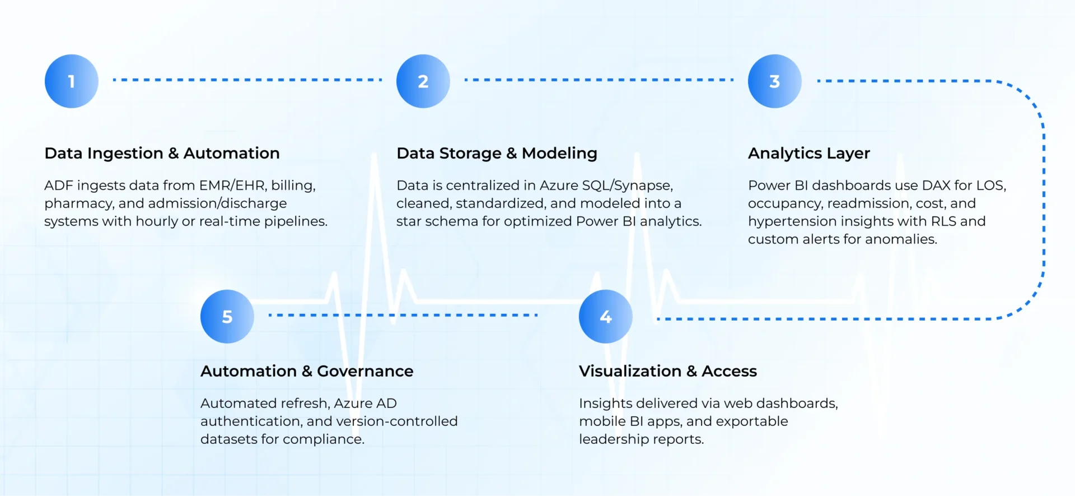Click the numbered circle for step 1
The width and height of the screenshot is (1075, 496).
coord(72,81)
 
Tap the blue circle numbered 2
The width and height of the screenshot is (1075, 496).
coord(423,81)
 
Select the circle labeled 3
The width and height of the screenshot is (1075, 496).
coord(775,81)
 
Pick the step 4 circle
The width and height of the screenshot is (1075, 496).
coord(606,317)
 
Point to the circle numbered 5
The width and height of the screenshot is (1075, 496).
coord(227,317)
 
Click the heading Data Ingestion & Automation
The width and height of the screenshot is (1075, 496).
coord(162,153)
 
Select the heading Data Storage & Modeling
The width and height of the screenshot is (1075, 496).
coord(497,153)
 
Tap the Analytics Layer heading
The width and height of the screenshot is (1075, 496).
coord(809,153)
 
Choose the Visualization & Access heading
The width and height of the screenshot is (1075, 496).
coord(668,371)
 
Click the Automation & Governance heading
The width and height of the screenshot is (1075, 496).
coord(307,371)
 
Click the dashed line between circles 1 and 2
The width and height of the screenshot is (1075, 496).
coord(247,80)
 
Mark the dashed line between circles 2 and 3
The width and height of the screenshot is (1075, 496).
coord(599,80)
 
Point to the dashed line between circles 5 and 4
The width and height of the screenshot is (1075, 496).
coord(403,315)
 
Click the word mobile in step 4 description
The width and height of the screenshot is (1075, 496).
coord(600,421)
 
